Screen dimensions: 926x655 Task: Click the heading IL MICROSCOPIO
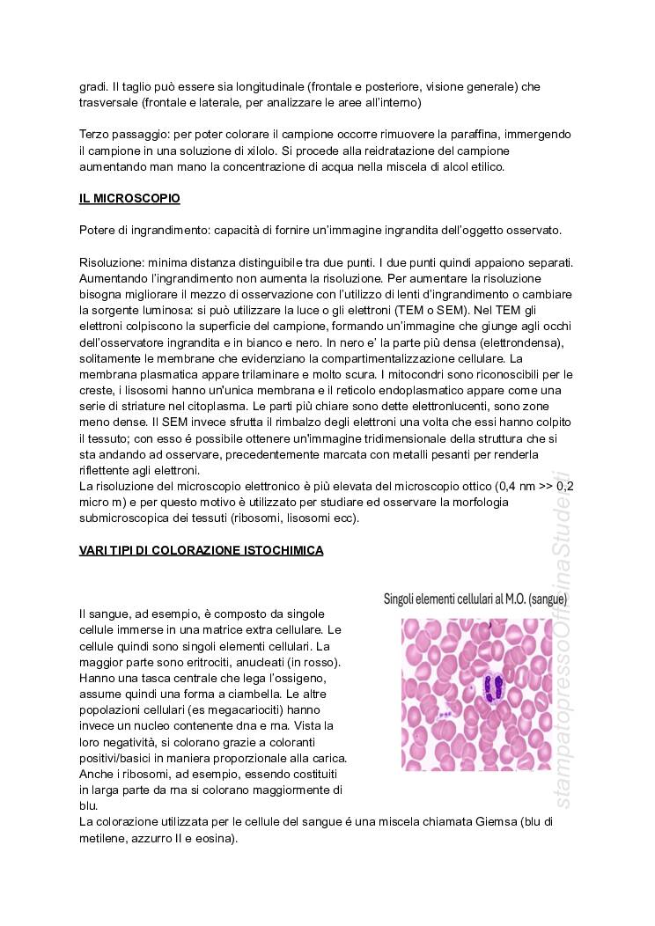click(129, 199)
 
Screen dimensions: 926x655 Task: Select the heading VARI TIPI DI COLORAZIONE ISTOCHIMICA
click(201, 550)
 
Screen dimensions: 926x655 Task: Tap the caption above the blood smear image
click(475, 599)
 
